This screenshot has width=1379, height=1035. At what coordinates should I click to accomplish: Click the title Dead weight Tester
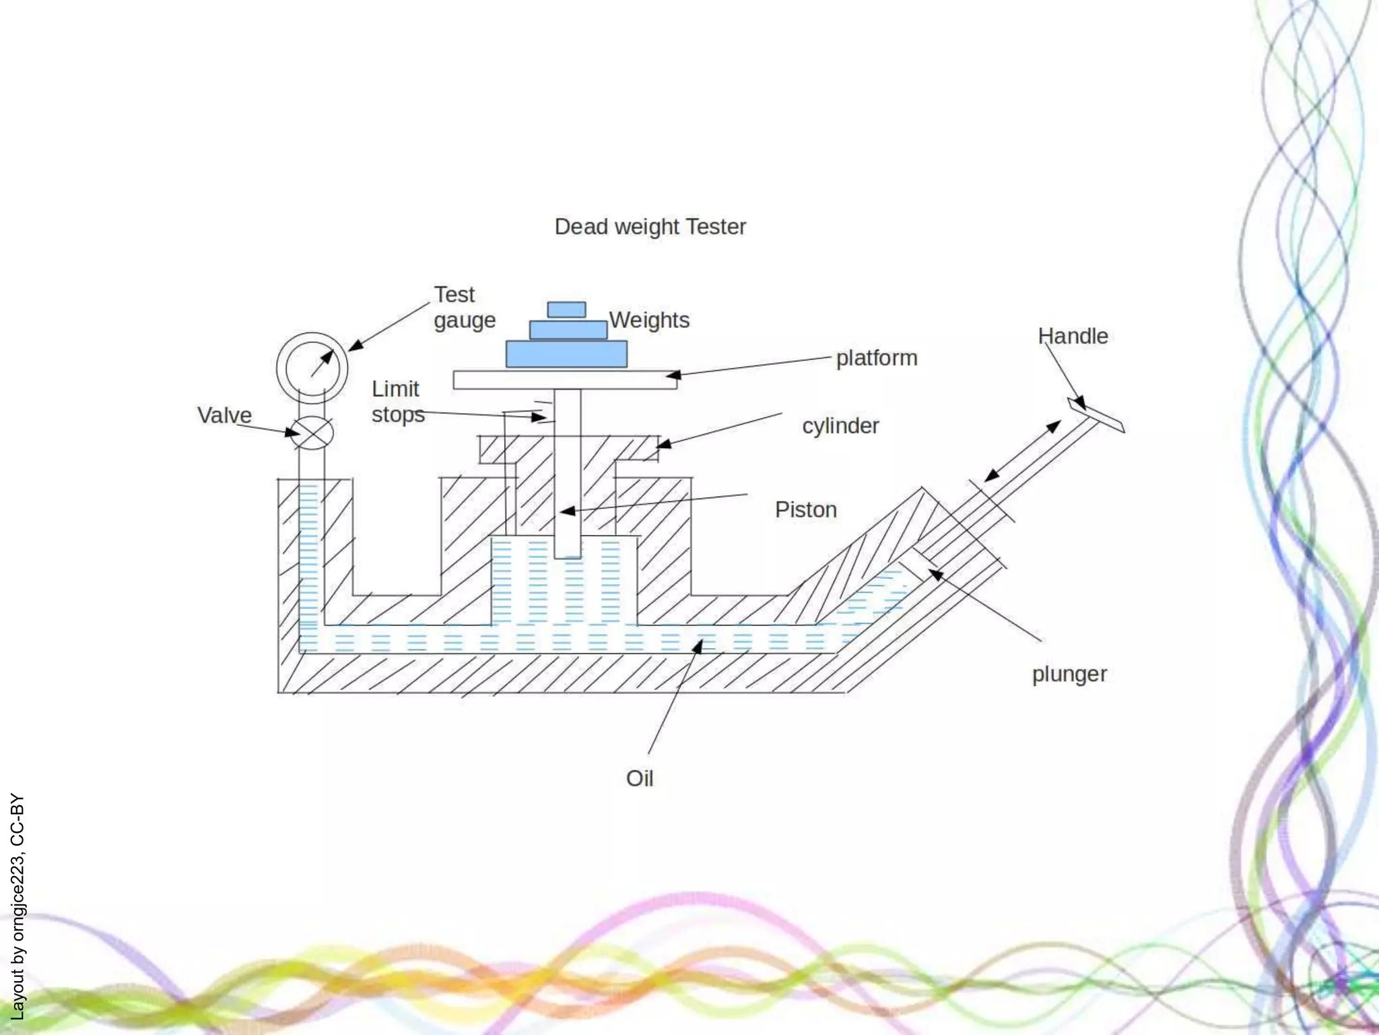pos(650,227)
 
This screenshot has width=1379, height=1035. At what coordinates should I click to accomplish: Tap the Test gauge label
pos(464,307)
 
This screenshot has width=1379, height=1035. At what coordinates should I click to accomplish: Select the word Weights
pos(649,320)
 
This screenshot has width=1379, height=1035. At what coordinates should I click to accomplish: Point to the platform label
pos(877,358)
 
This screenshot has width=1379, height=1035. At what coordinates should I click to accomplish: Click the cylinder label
pos(840,426)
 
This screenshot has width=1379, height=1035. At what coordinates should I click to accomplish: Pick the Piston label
pos(805,510)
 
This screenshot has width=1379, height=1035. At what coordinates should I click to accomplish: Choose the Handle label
pos(1073,336)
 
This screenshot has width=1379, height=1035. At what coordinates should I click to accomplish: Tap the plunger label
pos(1069,674)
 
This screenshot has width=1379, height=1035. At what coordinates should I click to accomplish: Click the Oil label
pos(639,779)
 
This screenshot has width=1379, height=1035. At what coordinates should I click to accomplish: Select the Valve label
pos(224,415)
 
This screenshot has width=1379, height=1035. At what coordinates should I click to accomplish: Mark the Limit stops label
pos(397,402)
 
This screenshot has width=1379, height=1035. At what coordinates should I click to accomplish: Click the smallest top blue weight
pos(566,310)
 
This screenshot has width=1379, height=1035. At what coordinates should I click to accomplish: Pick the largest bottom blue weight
pos(566,354)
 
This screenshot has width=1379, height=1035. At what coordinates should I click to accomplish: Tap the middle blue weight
pos(568,330)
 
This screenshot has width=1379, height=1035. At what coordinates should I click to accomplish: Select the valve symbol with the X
pos(312,433)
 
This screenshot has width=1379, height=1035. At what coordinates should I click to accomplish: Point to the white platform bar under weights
pos(564,380)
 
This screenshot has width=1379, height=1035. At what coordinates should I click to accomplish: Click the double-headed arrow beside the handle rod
pos(1022,451)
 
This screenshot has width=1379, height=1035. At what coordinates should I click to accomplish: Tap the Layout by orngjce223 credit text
pos(18,906)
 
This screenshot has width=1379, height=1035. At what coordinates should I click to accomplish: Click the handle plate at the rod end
pos(1096,415)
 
